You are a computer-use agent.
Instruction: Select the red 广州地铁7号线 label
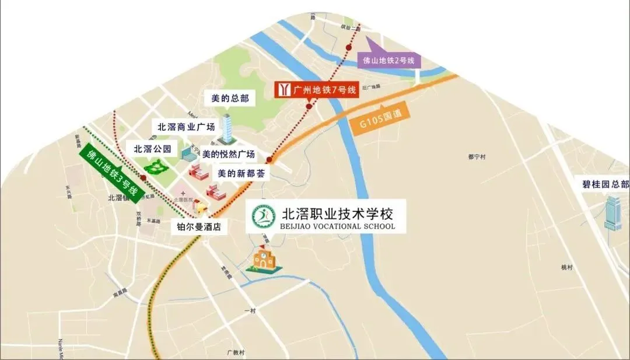coord(317,89)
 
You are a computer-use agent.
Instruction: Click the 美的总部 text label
coord(230,99)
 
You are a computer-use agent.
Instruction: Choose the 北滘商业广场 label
coord(186,127)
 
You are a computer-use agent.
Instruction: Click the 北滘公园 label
coord(152,149)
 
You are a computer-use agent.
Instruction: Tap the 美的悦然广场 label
coord(228,155)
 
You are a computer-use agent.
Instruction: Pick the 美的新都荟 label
coord(240,173)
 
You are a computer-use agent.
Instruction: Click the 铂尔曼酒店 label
coord(202,227)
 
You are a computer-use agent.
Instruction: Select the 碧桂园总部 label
coord(605,184)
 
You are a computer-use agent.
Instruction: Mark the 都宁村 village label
coord(477,157)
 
